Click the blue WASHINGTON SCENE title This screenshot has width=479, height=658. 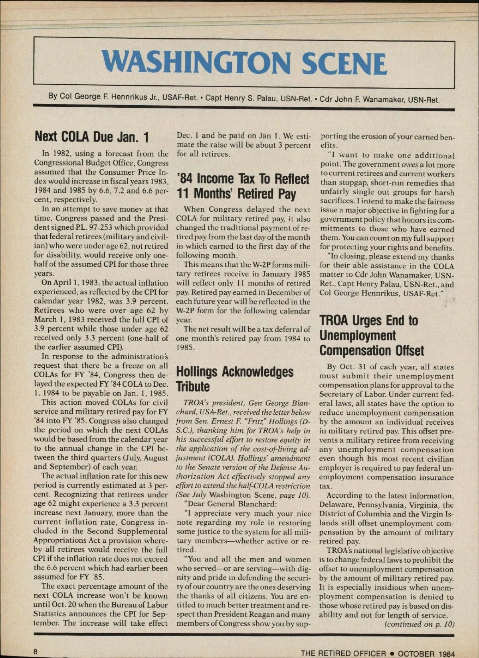point(244,63)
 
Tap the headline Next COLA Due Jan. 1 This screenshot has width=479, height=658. point(91,137)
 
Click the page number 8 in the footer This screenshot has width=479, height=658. point(36,651)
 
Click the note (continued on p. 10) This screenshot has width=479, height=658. point(420,624)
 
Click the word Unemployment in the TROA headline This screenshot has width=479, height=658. point(358,336)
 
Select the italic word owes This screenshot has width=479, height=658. point(410,164)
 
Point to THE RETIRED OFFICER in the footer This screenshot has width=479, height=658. point(343,653)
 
